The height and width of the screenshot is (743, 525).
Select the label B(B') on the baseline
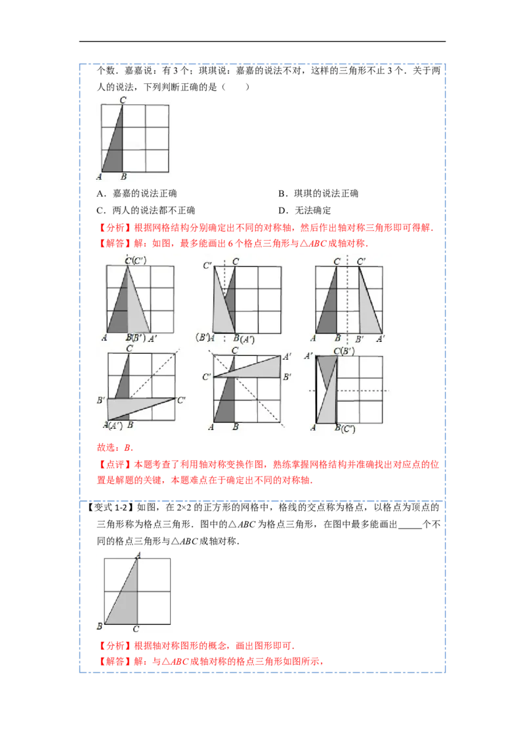click(134, 338)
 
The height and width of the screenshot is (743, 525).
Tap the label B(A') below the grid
click(243, 339)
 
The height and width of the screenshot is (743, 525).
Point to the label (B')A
click(207, 338)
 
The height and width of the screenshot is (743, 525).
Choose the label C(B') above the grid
click(343, 351)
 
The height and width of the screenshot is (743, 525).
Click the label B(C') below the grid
click(345, 429)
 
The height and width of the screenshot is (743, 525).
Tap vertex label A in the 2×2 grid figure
click(138, 555)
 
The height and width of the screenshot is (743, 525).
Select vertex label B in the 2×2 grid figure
click(99, 627)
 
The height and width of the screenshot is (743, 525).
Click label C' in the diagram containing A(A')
click(181, 399)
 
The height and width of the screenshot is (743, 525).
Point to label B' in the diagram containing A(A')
click(100, 400)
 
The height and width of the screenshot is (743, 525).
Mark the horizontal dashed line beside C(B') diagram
click(367, 391)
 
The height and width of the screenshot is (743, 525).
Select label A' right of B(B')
click(152, 339)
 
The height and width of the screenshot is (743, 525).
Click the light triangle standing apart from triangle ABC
click(370, 308)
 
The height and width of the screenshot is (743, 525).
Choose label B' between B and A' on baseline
click(360, 339)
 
